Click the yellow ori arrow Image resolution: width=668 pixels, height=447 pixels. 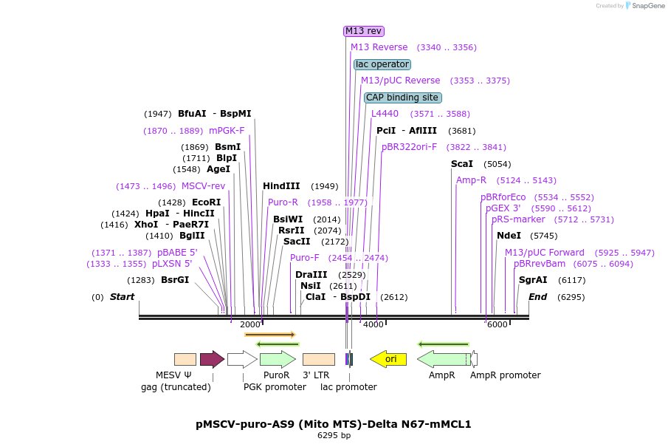click(x=388, y=359)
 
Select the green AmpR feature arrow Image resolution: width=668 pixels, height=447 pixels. click(x=444, y=359)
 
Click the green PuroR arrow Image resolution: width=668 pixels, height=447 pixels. click(x=278, y=359)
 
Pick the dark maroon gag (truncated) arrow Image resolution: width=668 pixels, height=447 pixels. click(x=212, y=359)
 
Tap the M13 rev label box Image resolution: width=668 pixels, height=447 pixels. click(x=364, y=31)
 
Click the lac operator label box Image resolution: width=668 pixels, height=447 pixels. click(x=382, y=64)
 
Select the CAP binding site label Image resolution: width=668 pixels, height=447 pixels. click(x=402, y=98)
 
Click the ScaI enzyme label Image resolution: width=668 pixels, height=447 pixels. click(x=461, y=164)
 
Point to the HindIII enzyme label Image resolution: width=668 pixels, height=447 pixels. click(x=281, y=186)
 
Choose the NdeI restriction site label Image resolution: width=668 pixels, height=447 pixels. click(x=509, y=236)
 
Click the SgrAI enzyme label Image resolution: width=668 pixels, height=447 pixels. click(x=533, y=280)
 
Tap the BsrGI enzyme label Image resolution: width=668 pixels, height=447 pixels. click(x=175, y=280)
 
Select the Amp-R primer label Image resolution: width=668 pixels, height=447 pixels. click(x=471, y=180)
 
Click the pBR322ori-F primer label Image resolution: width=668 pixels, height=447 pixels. click(x=409, y=147)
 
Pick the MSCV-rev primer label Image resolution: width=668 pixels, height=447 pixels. click(x=203, y=186)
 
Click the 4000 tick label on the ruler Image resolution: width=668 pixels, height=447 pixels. click(x=373, y=324)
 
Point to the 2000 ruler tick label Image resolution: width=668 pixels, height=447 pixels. click(x=250, y=324)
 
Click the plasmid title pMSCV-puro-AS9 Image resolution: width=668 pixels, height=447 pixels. click(x=334, y=424)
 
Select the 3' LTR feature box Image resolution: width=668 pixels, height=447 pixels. click(x=319, y=359)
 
